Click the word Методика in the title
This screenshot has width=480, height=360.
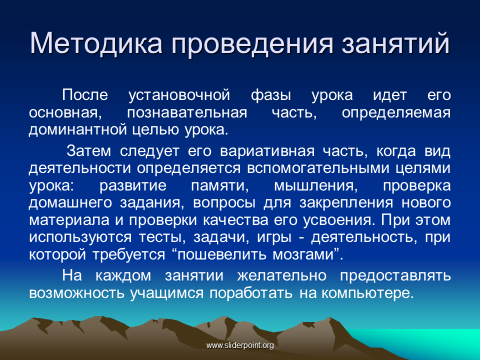tap(96, 43)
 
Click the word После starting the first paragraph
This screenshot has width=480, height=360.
tap(85, 94)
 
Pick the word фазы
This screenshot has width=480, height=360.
tap(270, 95)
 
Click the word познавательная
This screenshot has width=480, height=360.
tap(186, 112)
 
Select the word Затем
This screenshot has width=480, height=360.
tap(88, 151)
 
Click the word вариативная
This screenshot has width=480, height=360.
tap(267, 151)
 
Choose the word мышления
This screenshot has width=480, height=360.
tap(316, 186)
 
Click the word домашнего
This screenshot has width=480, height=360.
tap(70, 203)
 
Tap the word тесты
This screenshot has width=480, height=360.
tap(162, 237)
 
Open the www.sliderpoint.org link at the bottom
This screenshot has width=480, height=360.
tap(240, 345)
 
